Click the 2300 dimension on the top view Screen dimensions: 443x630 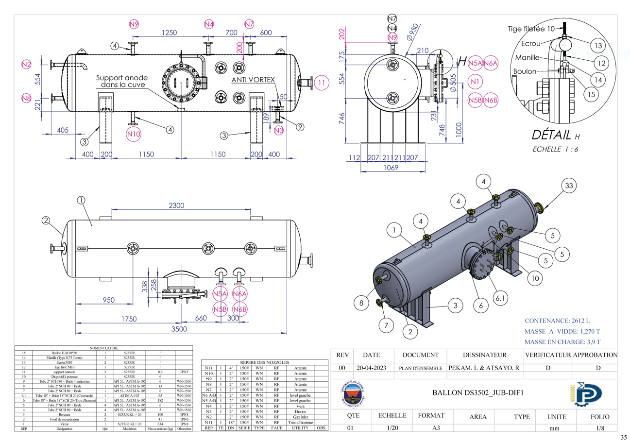[176, 205]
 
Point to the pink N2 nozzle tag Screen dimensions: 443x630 [27, 64]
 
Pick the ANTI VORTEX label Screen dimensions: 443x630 [253, 79]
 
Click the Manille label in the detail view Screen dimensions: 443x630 [527, 58]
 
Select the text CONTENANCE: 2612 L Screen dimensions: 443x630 [560, 321]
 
